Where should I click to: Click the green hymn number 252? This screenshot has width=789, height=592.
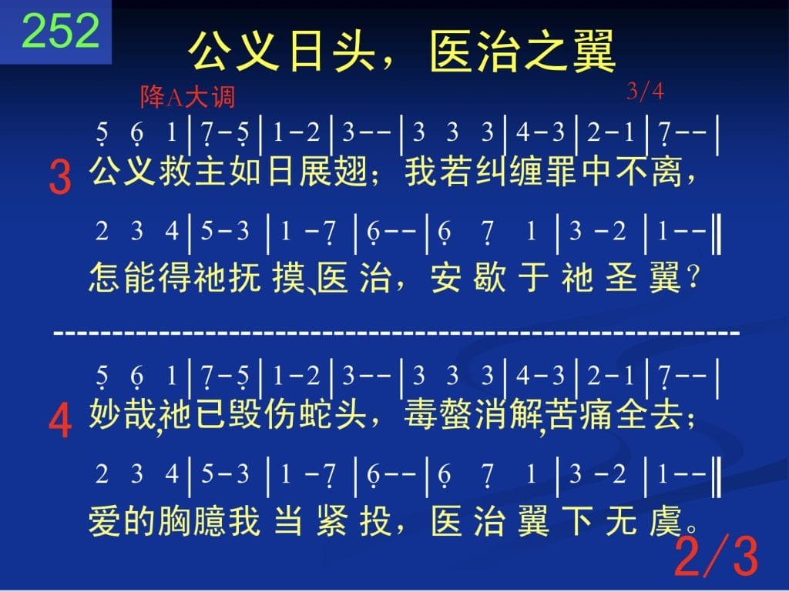tap(61, 31)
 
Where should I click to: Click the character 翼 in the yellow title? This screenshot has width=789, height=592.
tap(594, 51)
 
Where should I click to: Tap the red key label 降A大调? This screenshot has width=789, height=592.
tap(188, 96)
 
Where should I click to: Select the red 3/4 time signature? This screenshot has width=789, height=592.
tap(645, 92)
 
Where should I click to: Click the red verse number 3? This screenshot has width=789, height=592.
tap(60, 177)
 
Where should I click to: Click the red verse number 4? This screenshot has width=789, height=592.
tap(60, 421)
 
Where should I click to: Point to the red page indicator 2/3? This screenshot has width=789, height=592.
tap(716, 556)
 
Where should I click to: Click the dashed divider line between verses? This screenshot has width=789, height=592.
tap(397, 333)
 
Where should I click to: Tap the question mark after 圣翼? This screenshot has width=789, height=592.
tap(693, 277)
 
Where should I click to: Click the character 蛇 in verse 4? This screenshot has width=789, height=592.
tap(315, 415)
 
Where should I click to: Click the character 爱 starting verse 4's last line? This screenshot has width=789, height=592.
tap(105, 521)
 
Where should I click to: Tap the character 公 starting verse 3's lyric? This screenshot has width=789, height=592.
tap(105, 172)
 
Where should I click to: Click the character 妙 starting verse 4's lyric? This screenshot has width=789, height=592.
tap(105, 415)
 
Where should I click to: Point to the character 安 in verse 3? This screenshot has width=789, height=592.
tap(446, 277)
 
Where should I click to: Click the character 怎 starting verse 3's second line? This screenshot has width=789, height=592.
tap(105, 277)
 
